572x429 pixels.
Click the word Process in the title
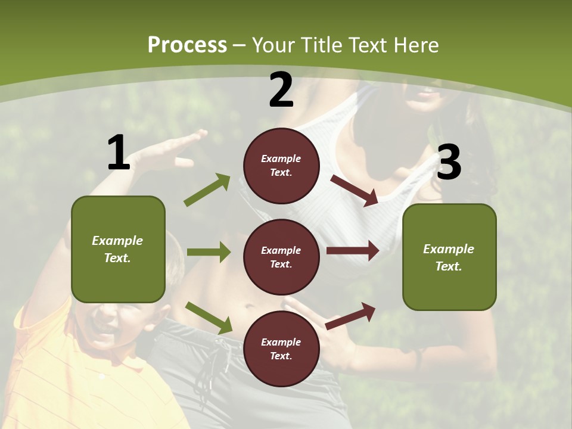coord(187,45)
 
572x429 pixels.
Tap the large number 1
coord(119,153)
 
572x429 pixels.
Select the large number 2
coord(281,90)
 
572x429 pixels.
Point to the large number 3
coord(449,163)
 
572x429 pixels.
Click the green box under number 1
coord(118,249)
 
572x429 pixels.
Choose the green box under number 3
coord(449,257)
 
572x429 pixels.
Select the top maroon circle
coord(281,165)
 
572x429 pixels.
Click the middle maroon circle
coord(281,257)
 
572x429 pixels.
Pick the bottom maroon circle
coord(281,349)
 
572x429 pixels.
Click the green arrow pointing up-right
coord(207,190)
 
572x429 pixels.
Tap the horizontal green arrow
coord(209,252)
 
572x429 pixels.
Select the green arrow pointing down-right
coord(209,318)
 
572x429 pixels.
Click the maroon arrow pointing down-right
coord(355,190)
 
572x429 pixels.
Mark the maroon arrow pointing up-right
coord(351,315)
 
